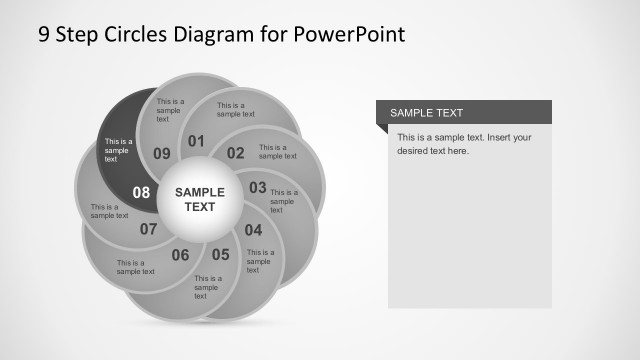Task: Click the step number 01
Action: point(196,141)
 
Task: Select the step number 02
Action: point(236,153)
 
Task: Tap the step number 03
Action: point(258,187)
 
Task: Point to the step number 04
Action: point(254,229)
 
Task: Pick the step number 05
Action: point(220,254)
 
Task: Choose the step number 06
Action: point(180,255)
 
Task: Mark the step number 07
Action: point(149,229)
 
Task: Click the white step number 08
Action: point(141,192)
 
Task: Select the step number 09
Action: point(162,153)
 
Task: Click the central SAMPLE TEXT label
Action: point(200,199)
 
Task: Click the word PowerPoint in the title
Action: point(350,34)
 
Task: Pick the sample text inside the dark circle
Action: point(118,150)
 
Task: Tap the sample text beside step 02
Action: point(277,151)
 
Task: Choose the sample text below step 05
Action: point(207,287)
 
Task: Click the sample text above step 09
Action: point(170,110)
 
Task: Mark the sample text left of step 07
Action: point(109,211)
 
